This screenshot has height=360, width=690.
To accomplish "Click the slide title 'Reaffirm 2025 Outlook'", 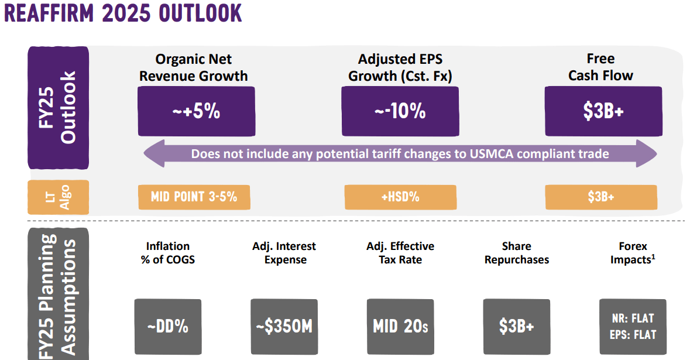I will coord(123,13).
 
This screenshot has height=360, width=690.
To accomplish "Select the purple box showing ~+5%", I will coord(196,111).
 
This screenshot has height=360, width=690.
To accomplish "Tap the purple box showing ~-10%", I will coord(400,111).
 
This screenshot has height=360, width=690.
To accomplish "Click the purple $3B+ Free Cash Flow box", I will coord(603,111).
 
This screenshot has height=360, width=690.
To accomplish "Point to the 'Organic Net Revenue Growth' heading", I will coord(193,67).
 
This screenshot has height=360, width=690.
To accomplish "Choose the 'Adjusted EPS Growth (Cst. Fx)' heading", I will coord(400,67).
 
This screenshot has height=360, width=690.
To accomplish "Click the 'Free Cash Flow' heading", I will coord(600,67).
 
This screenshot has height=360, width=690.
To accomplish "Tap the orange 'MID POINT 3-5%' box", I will coord(194,197).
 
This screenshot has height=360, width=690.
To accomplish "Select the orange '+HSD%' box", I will coord(400,197).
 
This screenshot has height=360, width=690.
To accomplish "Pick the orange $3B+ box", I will coord(601,197).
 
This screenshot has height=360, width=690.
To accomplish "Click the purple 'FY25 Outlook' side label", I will coord(59,108).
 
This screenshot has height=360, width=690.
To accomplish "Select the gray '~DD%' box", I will coord(167,326).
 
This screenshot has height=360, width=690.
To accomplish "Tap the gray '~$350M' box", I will coord(284,326).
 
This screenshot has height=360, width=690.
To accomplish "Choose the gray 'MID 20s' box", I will coord(400,326).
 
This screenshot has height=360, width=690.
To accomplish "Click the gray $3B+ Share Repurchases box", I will coord(517,326).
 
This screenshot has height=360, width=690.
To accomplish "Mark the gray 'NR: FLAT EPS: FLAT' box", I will coord(633,326).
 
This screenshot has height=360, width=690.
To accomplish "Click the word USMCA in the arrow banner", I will coord(496,154).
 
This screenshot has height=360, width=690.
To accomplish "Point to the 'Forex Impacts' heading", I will coord(633,252).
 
